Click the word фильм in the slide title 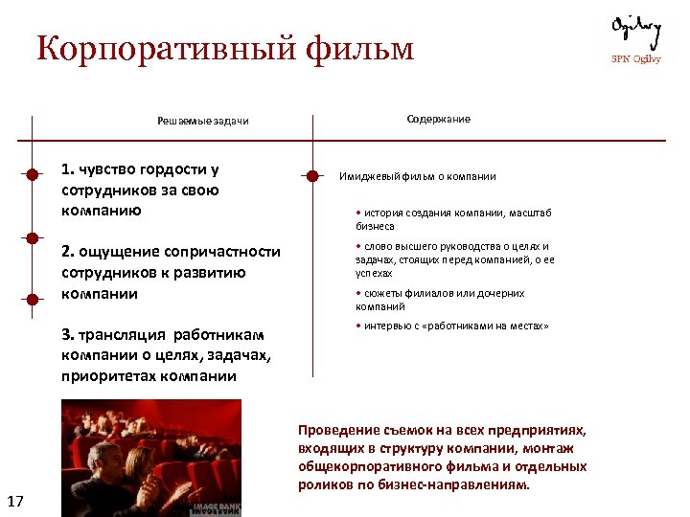point(361,48)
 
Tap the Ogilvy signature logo point(636,33)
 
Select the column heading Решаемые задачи point(202,122)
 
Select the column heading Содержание point(438,119)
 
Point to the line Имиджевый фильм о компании point(417,176)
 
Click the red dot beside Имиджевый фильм point(311,175)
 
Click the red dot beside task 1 point(33,175)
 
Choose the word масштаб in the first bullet point(533,213)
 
